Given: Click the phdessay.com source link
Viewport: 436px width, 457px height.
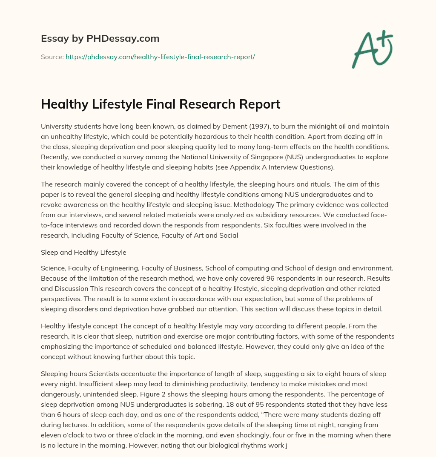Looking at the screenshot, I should pyautogui.click(x=160, y=57).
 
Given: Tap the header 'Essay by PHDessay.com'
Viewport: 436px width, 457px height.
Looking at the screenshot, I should pyautogui.click(x=100, y=38).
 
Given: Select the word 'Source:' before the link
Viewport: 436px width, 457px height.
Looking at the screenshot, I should pyautogui.click(x=52, y=57).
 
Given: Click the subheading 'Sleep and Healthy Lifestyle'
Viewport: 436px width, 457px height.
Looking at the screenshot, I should pyautogui.click(x=83, y=253).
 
